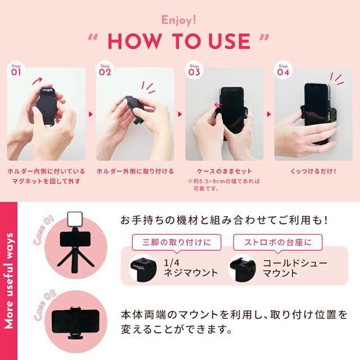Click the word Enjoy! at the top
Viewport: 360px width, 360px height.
[180, 20]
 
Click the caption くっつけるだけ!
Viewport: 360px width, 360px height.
[313, 171]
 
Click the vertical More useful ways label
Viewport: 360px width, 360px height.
[10, 281]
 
